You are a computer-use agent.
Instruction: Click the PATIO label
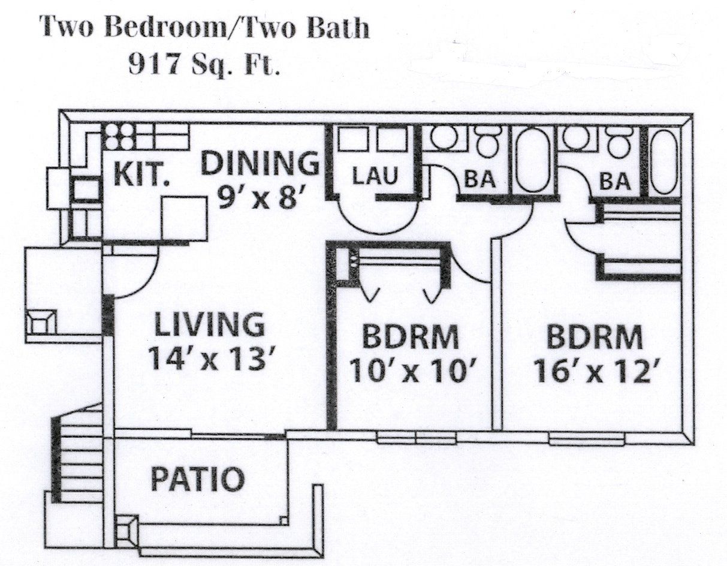click(197, 479)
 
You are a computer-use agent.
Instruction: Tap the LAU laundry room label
click(374, 177)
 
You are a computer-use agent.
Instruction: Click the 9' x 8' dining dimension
click(258, 196)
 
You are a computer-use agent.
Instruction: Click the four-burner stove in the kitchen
click(118, 137)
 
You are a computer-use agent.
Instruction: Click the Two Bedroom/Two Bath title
click(204, 28)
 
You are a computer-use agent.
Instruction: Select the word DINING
click(259, 163)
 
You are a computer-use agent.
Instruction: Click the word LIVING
click(209, 324)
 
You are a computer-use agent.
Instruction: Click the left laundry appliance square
click(349, 140)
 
